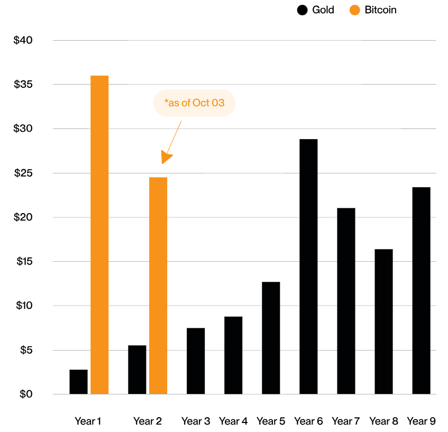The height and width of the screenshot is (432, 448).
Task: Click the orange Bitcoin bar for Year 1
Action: (99, 235)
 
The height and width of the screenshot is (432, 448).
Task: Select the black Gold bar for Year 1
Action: (78, 382)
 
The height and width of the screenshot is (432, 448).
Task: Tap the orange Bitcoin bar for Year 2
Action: (158, 286)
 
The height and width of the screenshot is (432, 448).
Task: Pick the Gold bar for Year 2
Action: (137, 370)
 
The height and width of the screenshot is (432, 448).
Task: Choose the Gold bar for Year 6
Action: (308, 266)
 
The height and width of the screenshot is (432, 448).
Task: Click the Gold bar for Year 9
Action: (421, 291)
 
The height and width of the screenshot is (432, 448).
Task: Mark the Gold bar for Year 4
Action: (233, 355)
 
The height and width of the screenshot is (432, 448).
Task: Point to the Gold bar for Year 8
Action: (383, 321)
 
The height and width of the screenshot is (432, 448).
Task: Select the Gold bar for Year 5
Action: (271, 338)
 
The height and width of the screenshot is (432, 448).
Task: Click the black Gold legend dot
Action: (303, 10)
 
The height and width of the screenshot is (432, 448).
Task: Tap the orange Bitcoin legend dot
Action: (354, 10)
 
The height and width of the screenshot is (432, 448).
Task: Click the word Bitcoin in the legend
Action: (380, 10)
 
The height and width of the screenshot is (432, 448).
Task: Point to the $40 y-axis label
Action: (23, 40)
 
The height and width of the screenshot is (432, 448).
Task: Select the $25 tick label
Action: (23, 173)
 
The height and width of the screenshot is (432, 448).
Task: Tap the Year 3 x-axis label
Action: (196, 421)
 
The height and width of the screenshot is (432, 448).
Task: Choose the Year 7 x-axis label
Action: (346, 421)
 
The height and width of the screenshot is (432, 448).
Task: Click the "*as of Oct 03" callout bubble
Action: (194, 103)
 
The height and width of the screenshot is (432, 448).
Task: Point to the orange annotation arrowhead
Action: (166, 158)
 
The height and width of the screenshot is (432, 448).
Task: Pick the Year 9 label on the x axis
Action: (421, 421)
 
